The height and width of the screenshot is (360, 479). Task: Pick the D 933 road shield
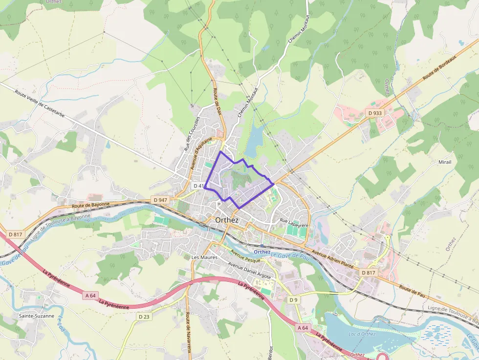(x=374, y=113)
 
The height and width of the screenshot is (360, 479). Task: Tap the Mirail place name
(x=445, y=162)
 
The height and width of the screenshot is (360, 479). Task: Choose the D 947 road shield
(x=160, y=200)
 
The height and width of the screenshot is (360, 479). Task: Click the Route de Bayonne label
(x=91, y=205)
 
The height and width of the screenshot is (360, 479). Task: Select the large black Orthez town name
(x=227, y=220)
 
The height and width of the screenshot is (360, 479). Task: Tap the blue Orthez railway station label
(x=262, y=252)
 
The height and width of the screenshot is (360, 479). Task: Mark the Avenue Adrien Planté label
(x=332, y=259)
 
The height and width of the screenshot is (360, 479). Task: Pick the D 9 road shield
(x=293, y=299)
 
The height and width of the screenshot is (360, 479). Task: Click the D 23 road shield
(x=143, y=317)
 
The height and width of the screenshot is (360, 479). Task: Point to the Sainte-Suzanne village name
(x=37, y=316)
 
